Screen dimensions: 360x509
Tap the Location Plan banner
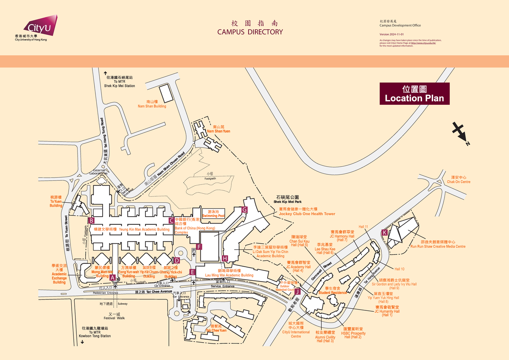point(414,94)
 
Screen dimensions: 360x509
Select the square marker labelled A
point(112,277)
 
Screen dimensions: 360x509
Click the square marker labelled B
point(91,220)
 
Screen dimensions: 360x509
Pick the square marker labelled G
point(244,210)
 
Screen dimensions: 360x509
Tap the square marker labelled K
point(384,232)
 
